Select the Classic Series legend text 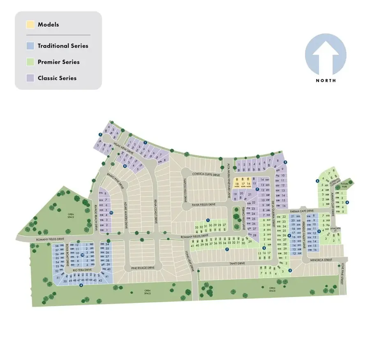57,78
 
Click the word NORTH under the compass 326,80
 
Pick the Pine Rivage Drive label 143,268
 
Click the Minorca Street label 321,260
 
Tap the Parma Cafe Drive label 302,211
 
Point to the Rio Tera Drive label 83,270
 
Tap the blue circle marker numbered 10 83,255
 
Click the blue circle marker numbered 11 111,212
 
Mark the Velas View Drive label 124,148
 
